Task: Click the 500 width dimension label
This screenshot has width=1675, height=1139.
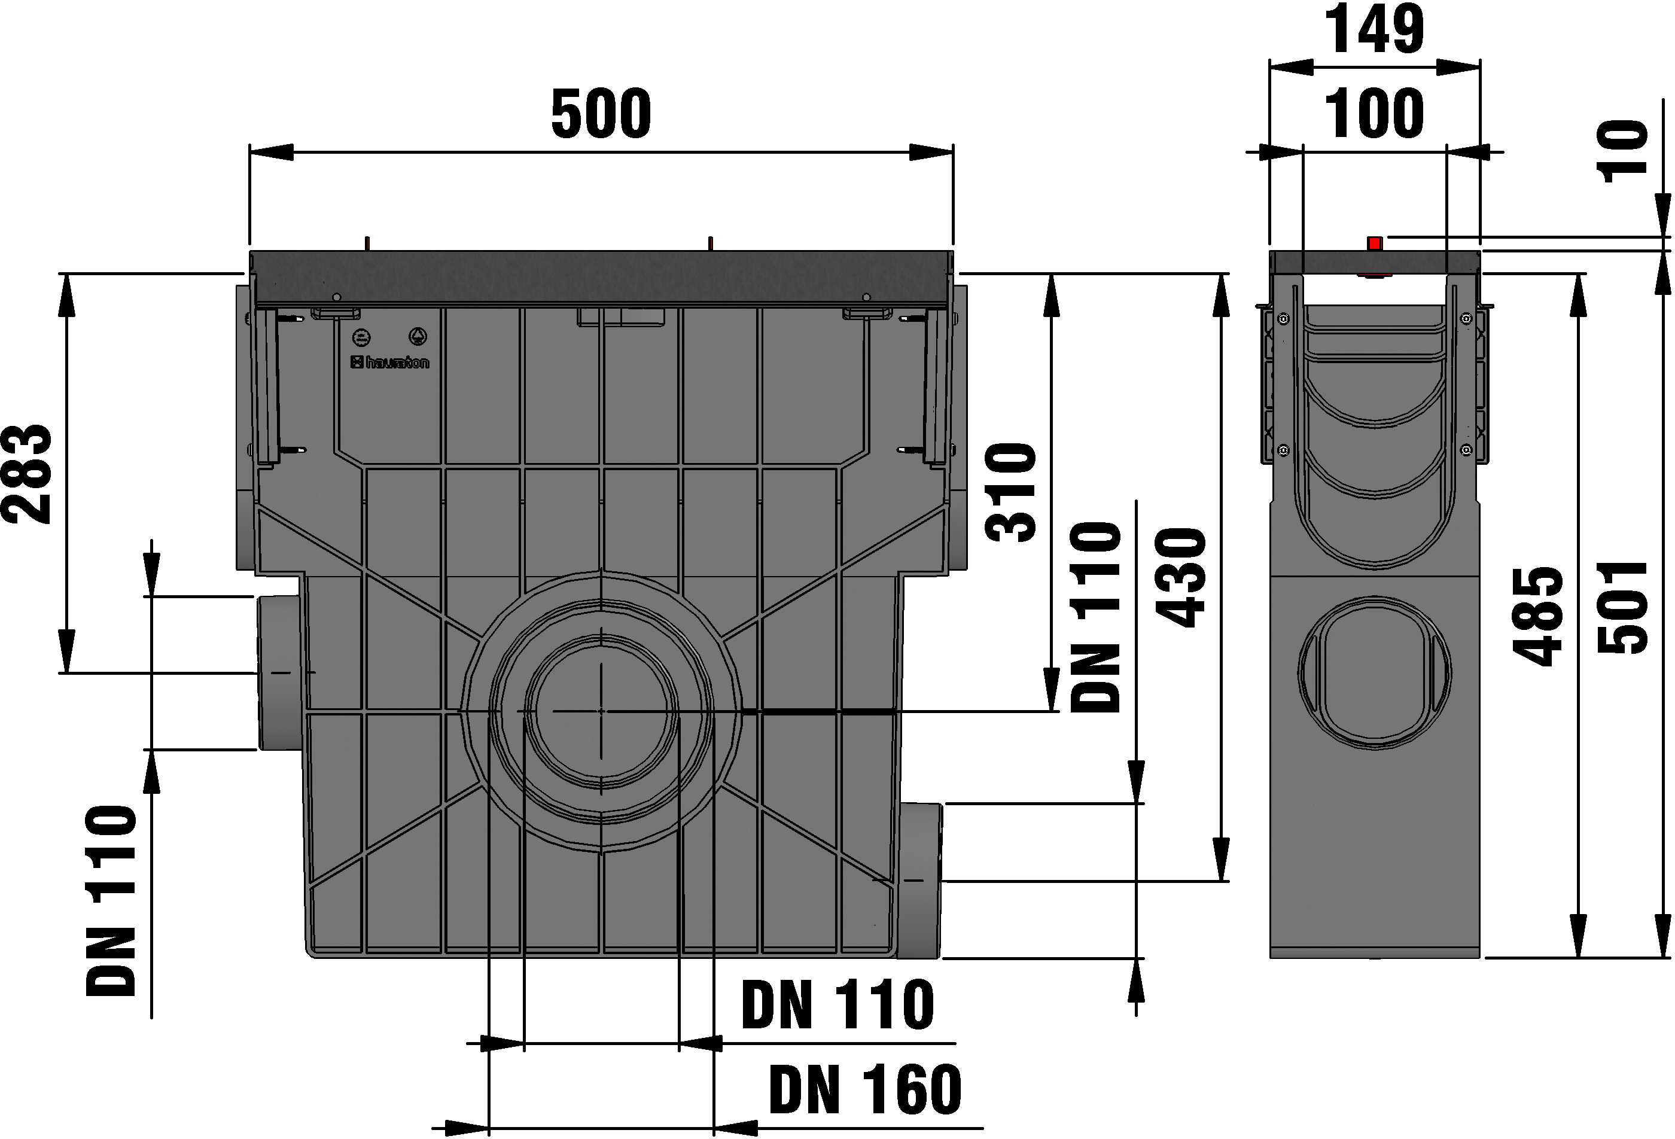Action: (x=601, y=114)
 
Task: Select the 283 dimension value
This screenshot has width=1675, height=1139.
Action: (x=28, y=474)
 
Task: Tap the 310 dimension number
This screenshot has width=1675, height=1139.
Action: (x=1010, y=492)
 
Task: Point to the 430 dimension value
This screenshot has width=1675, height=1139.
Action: (x=1180, y=577)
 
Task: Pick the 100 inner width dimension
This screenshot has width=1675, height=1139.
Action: (x=1375, y=114)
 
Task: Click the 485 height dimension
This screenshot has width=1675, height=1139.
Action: (x=1538, y=616)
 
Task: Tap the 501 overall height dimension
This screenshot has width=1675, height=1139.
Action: (x=1623, y=607)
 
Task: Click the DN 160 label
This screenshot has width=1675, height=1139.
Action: (x=865, y=1089)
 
